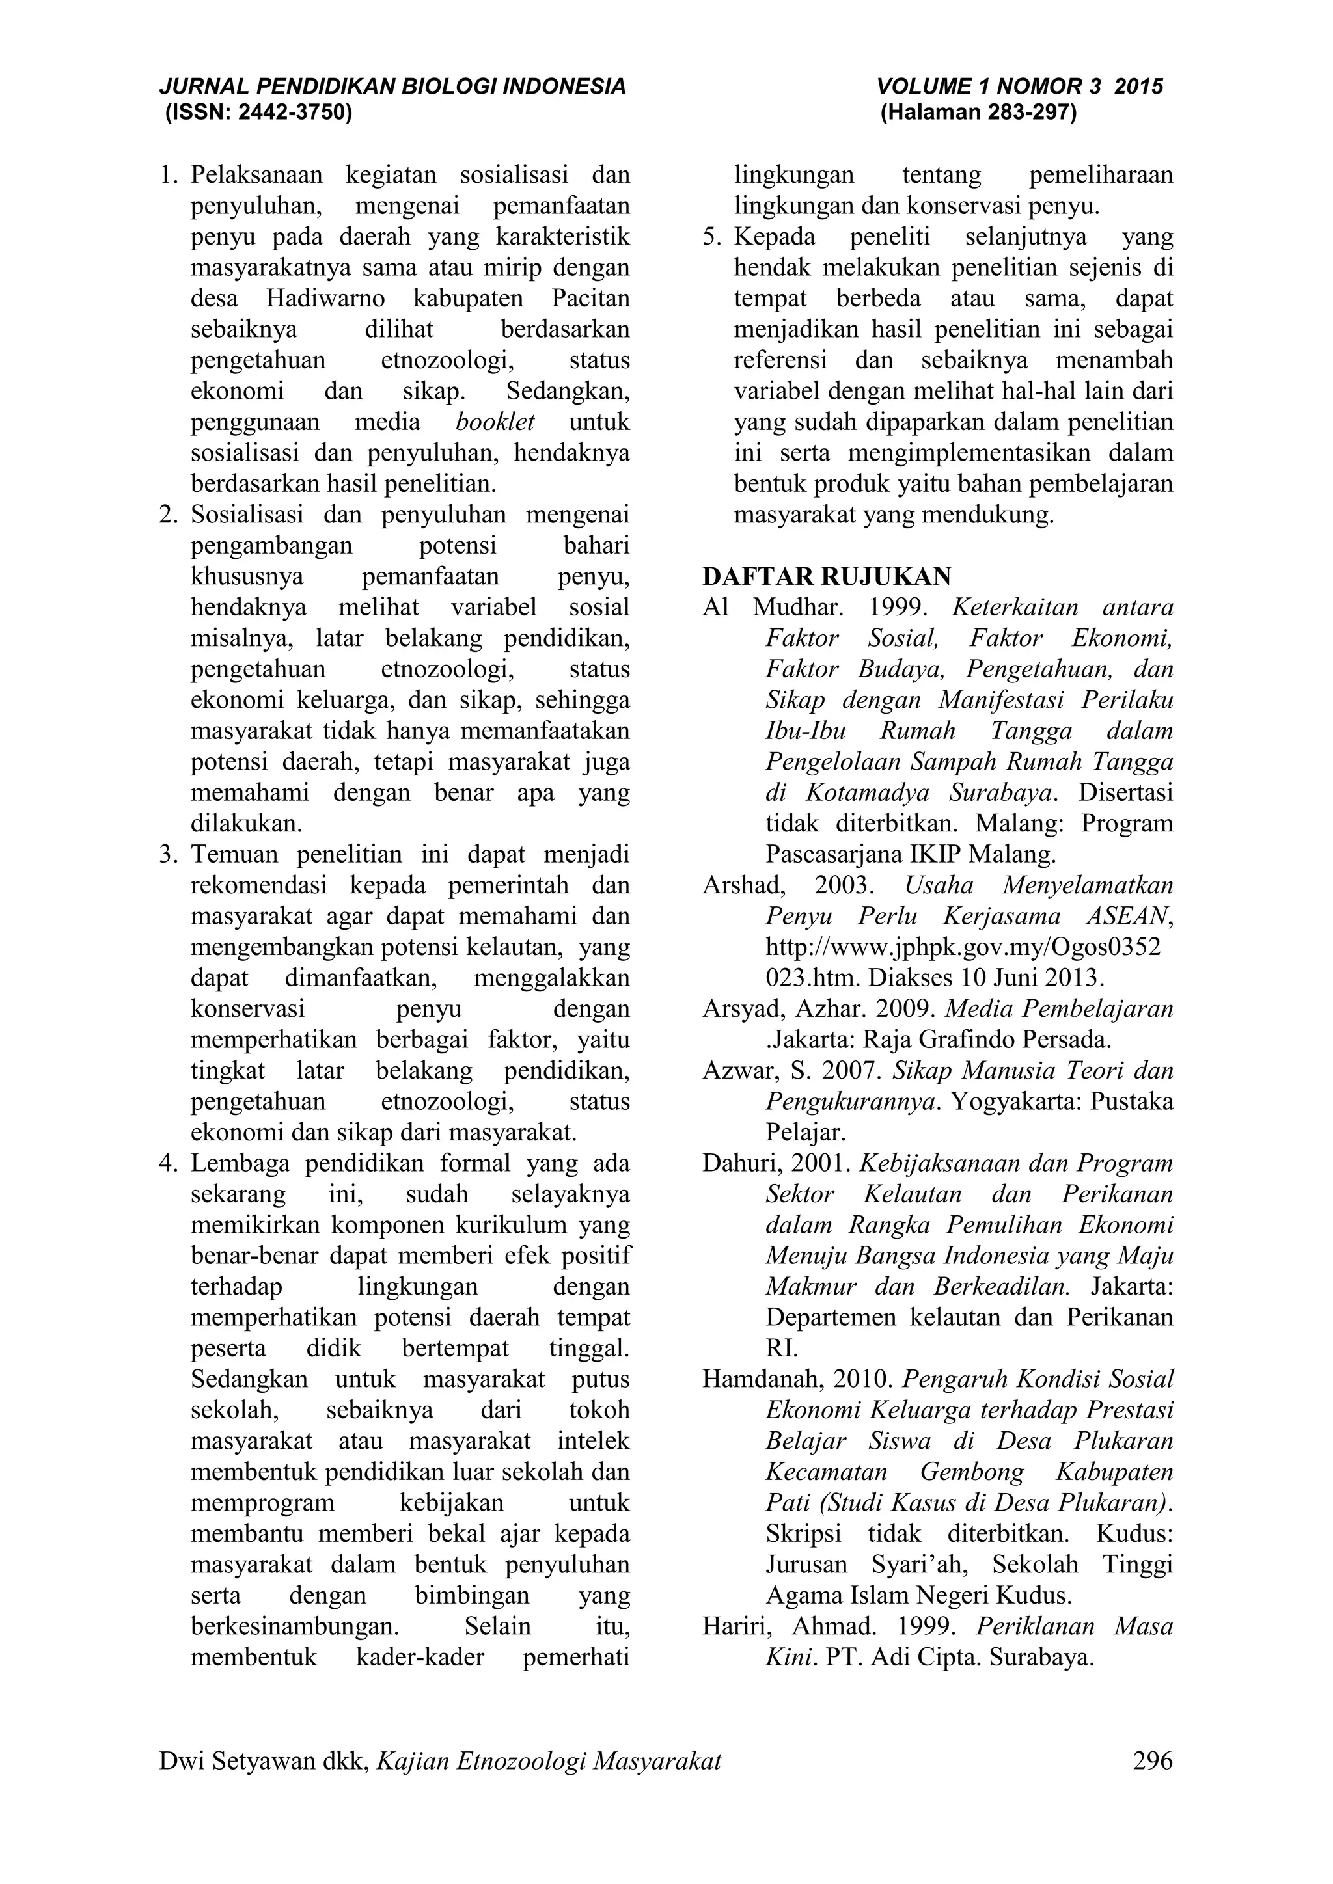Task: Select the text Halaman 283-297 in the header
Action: [x=978, y=113]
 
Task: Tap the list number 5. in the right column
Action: [x=711, y=237]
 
